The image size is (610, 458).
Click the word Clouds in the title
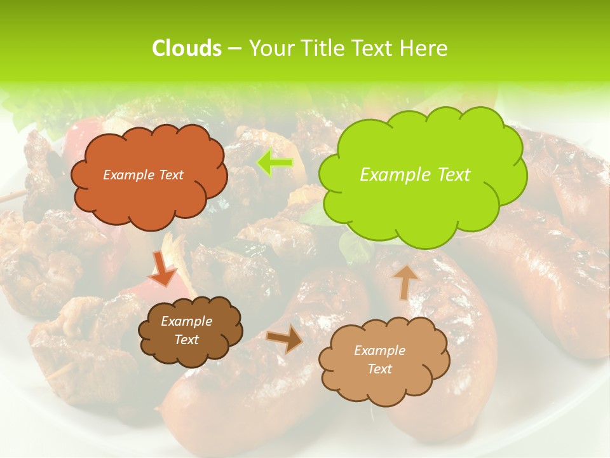186,48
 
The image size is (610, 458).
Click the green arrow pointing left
274,163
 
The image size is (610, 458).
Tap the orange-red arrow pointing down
163,269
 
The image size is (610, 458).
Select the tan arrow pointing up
405,282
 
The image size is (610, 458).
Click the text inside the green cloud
415,175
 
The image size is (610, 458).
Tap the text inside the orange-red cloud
143,175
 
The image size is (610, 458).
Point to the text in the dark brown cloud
186,331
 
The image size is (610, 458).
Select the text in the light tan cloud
379,359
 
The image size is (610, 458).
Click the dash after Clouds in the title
234,48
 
